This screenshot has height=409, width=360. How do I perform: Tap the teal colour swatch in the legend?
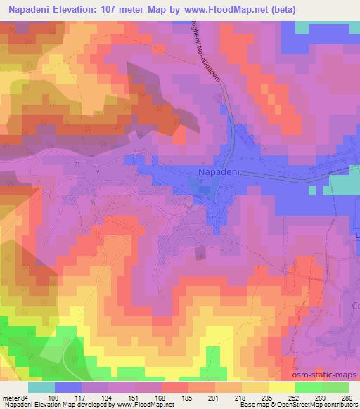click(41, 387)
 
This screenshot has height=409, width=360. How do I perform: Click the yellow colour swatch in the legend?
click(281, 387)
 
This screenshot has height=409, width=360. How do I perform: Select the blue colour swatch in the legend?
click(68, 387)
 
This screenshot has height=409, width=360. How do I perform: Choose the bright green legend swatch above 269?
click(308, 387)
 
